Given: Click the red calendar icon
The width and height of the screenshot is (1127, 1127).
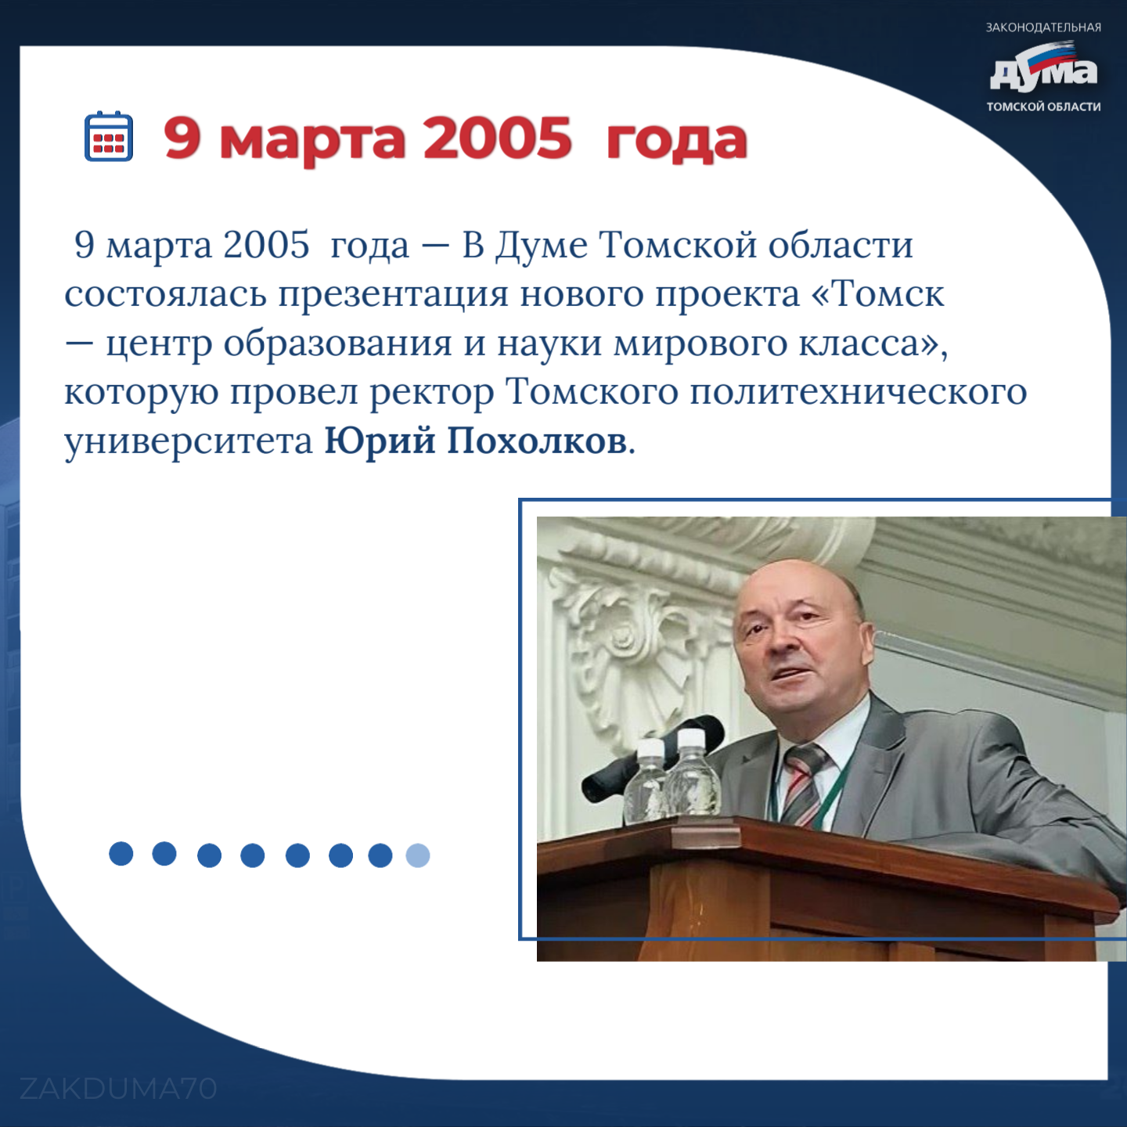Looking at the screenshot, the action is [109, 135].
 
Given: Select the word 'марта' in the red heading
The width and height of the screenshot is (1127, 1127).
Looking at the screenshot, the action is [311, 142].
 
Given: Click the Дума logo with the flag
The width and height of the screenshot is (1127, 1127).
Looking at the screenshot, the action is [1043, 67].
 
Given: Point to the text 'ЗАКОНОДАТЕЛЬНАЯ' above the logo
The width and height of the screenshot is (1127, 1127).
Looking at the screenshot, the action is [1043, 27].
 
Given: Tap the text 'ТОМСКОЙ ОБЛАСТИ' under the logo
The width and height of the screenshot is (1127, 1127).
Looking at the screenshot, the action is [1043, 106].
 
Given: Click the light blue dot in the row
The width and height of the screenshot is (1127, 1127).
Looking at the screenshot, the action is [418, 855].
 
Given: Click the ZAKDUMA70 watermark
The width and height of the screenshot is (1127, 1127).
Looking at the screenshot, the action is [118, 1089].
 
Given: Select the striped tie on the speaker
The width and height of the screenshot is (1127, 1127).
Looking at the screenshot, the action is [804, 784].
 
